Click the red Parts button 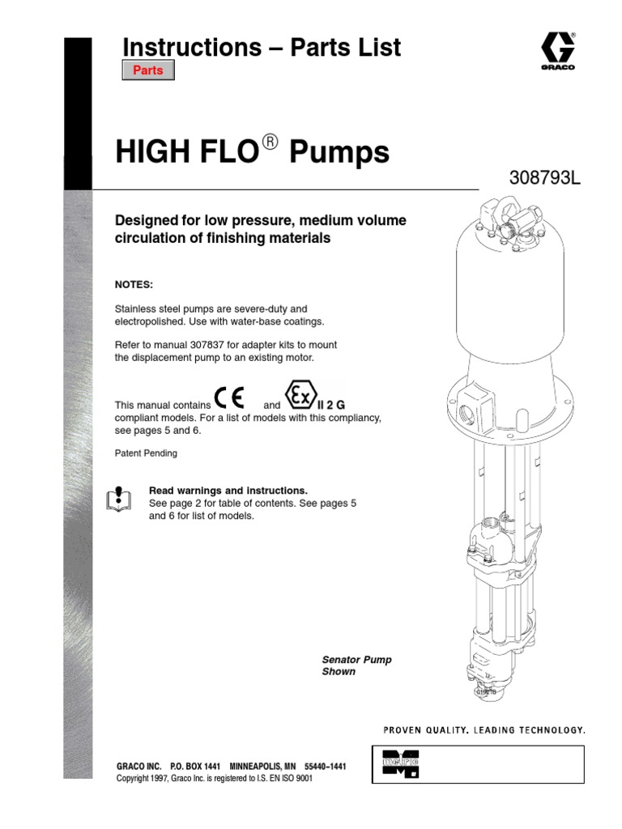point(147,70)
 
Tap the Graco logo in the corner point(557,49)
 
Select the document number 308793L point(544,178)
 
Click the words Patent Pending point(146,453)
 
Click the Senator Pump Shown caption point(356,665)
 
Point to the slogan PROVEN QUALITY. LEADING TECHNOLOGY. point(484,729)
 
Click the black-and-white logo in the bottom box point(400,764)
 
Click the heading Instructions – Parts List point(262,48)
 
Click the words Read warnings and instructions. point(228,491)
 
